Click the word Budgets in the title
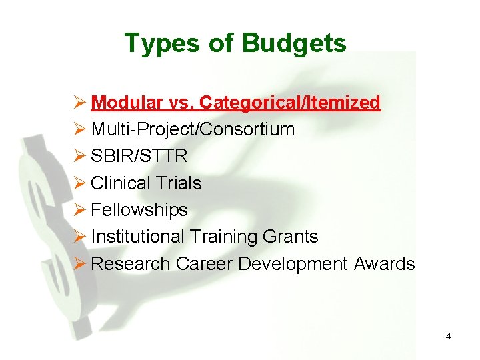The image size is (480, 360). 294,44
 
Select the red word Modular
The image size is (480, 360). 127,103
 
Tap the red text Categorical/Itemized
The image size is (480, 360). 290,103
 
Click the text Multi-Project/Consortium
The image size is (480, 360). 193,129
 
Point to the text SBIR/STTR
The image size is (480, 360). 139,156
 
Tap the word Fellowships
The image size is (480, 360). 139,210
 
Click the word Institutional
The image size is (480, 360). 137,237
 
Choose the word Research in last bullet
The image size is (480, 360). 131,263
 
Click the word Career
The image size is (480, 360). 205,263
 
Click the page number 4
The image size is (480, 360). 448,337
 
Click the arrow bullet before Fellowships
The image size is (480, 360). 80,210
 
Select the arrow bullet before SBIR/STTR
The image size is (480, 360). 80,156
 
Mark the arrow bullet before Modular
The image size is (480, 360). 80,103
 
